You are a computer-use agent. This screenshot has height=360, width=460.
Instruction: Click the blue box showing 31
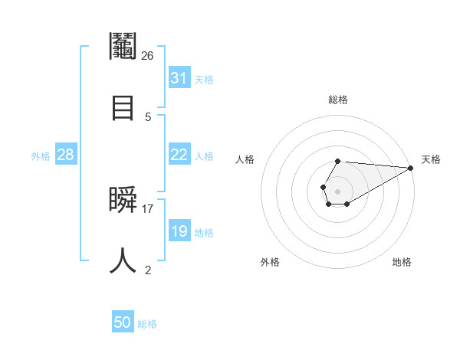tap(179, 78)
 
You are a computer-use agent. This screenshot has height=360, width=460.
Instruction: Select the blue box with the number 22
tap(179, 155)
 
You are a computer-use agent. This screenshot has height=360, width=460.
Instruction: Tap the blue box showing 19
tap(179, 231)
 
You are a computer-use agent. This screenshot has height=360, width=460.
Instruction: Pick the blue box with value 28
tap(66, 155)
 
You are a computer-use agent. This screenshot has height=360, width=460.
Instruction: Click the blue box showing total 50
tap(123, 322)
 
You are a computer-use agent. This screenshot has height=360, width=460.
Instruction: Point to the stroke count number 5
tap(148, 116)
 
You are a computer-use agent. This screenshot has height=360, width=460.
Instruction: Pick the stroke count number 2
tap(148, 270)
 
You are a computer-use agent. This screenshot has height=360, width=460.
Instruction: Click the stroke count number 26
tap(148, 55)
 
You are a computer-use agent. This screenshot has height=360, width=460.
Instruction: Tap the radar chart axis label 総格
tap(338, 100)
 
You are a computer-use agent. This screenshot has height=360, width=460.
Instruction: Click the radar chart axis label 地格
tap(402, 262)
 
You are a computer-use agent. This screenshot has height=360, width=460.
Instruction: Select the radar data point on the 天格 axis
tap(411, 167)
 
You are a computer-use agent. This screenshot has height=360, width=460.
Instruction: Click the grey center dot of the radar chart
tap(338, 190)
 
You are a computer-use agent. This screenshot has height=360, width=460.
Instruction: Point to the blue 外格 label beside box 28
tap(41, 155)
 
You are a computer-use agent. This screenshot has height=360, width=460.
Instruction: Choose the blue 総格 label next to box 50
tap(147, 324)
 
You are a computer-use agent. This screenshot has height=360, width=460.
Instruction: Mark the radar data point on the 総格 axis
tap(338, 161)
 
